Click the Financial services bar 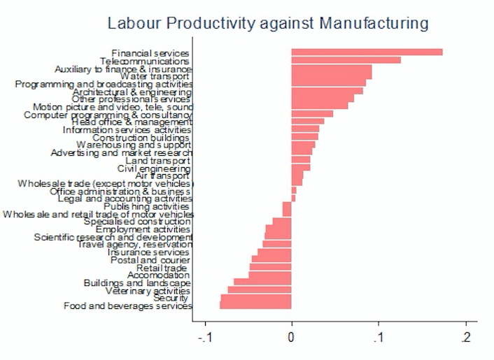(x=367, y=52)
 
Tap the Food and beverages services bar (x=255, y=305)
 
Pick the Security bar (x=255, y=298)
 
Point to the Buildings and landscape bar (x=262, y=282)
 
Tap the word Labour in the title (x=130, y=24)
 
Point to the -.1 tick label (x=206, y=337)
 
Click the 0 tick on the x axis (x=292, y=337)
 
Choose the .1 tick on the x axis (x=379, y=337)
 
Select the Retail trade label (x=162, y=268)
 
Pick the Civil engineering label (x=154, y=168)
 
